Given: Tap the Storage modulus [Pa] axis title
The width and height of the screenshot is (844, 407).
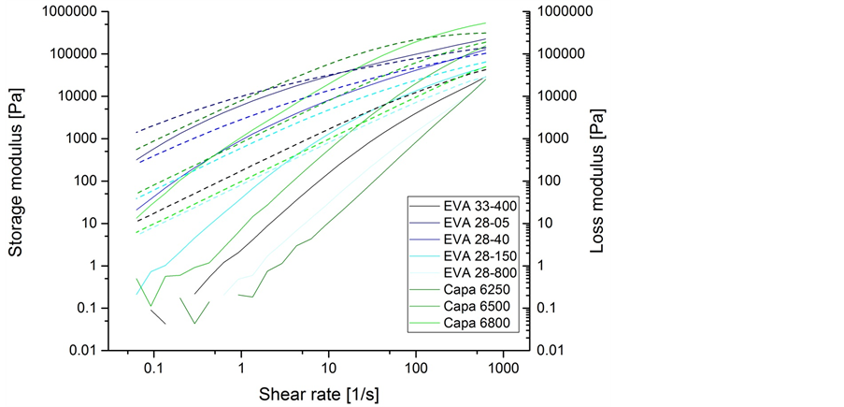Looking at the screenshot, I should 16,181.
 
